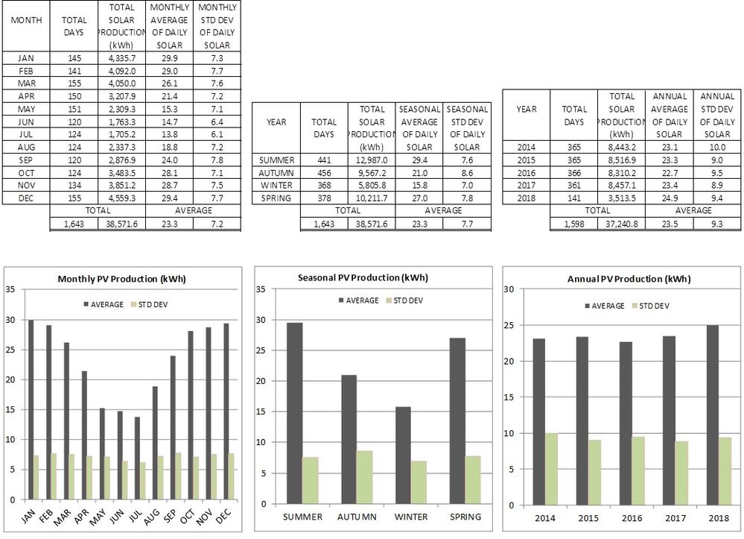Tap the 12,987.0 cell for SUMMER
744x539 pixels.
[371, 160]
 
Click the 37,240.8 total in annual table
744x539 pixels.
[622, 224]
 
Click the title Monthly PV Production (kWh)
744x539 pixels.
[121, 279]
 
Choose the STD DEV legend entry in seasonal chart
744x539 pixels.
[407, 300]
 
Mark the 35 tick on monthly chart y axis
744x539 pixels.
[10, 289]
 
